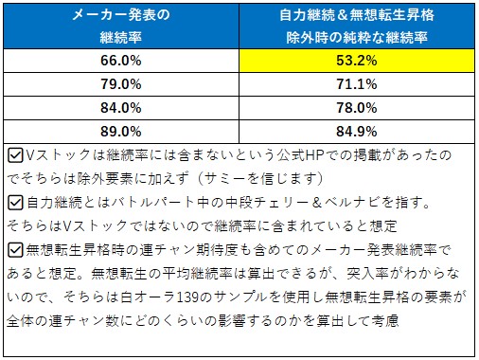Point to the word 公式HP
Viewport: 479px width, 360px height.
(x=293, y=153)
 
